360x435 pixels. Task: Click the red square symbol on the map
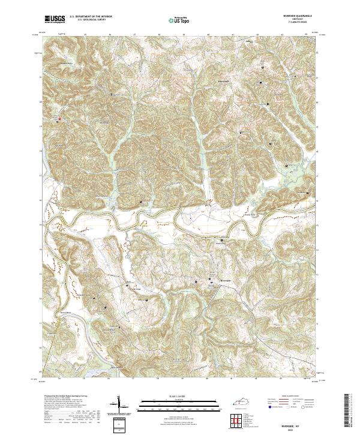[59, 120]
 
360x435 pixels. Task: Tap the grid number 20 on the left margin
[41, 103]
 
